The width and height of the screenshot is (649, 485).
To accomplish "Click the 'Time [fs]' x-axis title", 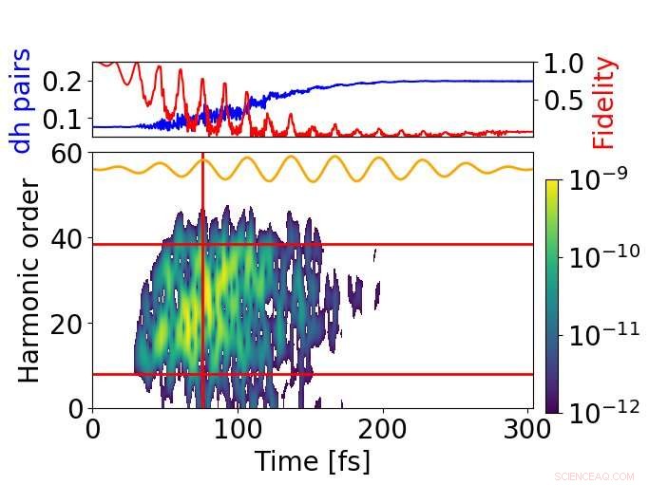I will (312, 460).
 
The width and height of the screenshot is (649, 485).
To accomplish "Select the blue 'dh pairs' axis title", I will (21, 100).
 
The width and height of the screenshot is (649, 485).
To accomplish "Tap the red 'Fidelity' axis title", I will (604, 103).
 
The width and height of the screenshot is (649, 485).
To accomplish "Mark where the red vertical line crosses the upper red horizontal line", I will (202, 244).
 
